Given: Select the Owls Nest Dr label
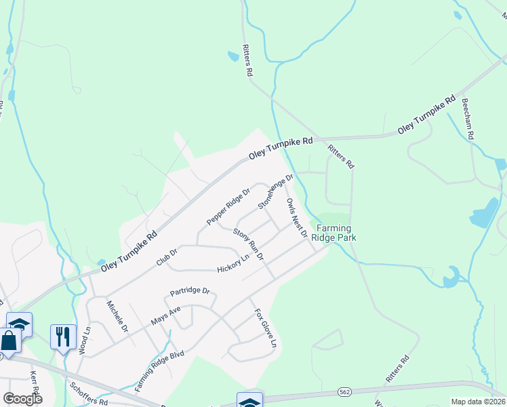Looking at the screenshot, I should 297,218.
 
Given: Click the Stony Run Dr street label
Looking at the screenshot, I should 248,244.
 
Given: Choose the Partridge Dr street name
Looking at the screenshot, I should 190,292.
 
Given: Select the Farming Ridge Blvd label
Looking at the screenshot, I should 159,371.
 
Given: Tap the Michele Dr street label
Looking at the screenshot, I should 117,317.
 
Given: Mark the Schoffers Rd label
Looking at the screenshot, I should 89,393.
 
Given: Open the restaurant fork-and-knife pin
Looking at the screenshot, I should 63,336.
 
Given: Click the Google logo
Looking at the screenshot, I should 22,398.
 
